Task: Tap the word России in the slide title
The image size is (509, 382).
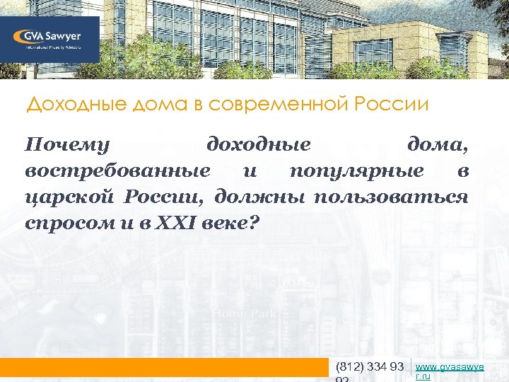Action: (392, 105)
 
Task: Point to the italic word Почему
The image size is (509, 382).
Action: (67, 145)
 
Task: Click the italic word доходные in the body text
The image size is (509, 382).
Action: (258, 145)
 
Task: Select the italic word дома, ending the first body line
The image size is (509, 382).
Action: (437, 145)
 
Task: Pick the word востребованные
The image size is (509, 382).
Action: (117, 170)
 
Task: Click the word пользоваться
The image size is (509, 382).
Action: (391, 196)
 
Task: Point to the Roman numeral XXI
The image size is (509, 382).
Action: (160, 221)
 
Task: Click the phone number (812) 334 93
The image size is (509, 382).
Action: (370, 366)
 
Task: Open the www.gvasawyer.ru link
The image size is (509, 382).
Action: (450, 371)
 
